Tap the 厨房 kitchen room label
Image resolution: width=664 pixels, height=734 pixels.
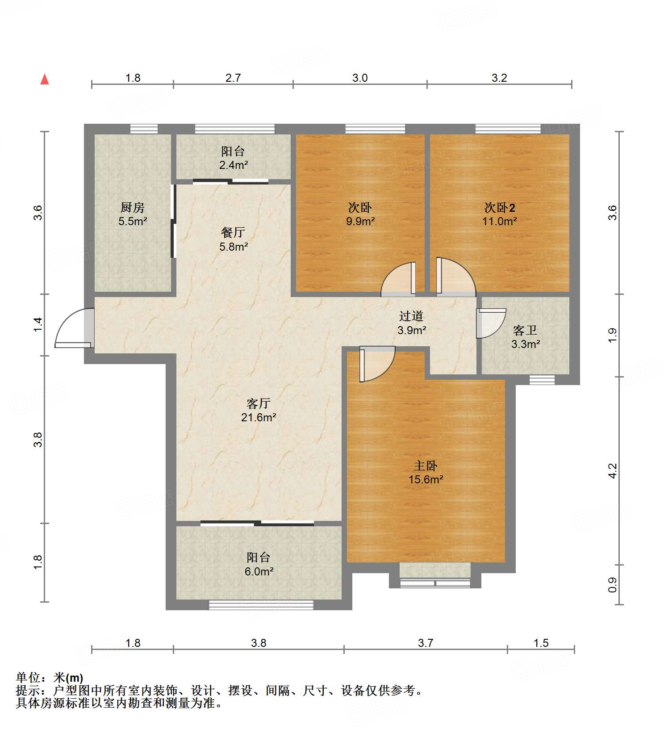pyautogui.click(x=133, y=207)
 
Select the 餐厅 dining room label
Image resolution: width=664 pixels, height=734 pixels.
pyautogui.click(x=233, y=232)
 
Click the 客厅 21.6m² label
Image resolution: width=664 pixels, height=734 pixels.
pyautogui.click(x=259, y=411)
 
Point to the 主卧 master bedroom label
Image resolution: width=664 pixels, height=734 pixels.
pyautogui.click(x=426, y=466)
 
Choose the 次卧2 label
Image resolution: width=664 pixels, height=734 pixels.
pyautogui.click(x=500, y=208)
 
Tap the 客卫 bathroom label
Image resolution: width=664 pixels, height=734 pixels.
pyautogui.click(x=525, y=331)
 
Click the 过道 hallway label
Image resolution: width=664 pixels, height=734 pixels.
pyautogui.click(x=411, y=316)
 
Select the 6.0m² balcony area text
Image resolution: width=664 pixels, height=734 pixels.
pyautogui.click(x=259, y=571)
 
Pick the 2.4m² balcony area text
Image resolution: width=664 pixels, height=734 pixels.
pyautogui.click(x=234, y=165)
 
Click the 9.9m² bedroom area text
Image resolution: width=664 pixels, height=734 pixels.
pyautogui.click(x=360, y=221)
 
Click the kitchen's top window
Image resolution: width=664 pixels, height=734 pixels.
pyautogui.click(x=144, y=129)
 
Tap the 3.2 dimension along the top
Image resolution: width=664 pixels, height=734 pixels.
pyautogui.click(x=499, y=78)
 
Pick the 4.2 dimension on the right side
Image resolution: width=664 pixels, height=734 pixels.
pyautogui.click(x=613, y=471)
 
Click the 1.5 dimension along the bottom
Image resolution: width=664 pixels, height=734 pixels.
pyautogui.click(x=541, y=643)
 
